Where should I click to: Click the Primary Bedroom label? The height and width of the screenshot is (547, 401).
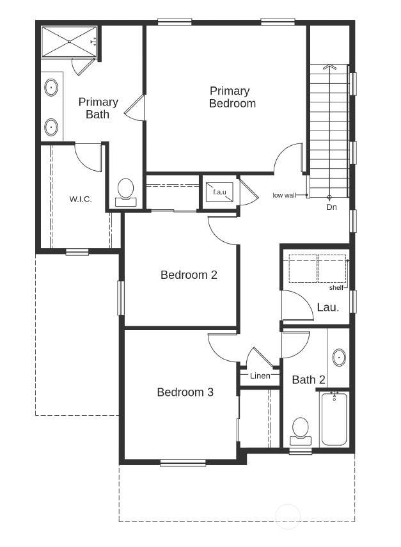point(232,97)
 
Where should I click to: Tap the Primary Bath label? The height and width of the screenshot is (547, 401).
point(98,107)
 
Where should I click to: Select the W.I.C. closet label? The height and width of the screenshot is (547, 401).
point(81,199)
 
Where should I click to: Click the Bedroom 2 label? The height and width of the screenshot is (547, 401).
point(189,275)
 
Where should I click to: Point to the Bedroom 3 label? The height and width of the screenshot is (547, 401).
point(185,392)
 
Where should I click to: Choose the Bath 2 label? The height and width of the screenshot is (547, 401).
point(309,379)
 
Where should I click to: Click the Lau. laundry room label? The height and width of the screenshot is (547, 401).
point(328,307)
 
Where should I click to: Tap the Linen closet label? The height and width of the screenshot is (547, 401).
point(260,376)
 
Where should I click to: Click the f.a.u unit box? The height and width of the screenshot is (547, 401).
point(219,192)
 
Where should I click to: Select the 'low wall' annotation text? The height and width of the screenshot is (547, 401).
point(284,195)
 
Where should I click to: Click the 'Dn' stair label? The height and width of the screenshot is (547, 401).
point(332,207)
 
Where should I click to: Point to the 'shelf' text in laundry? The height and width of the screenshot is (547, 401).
point(336,288)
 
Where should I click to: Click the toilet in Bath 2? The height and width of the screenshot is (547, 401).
point(301,432)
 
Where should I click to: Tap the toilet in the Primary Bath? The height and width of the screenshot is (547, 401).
point(125,193)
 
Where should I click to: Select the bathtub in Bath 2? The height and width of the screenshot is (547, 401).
point(334,419)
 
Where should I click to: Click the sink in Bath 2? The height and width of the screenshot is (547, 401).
point(339,357)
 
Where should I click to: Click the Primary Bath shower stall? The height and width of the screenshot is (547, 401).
point(69,42)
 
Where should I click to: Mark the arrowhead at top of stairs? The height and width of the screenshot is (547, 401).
point(329,67)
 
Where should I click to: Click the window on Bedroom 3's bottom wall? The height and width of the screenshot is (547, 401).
point(183,463)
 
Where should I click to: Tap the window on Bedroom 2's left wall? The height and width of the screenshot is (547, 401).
point(121,298)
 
